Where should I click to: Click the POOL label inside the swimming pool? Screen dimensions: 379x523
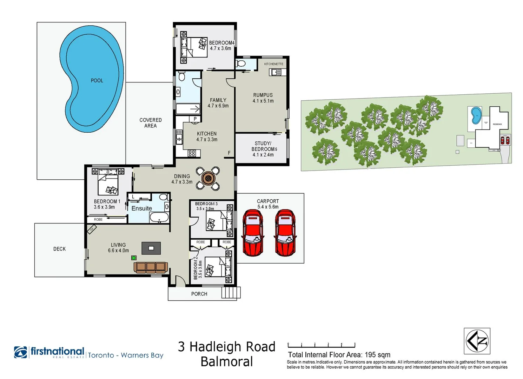click(x=97, y=80)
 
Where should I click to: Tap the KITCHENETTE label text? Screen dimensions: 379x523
click(x=273, y=64)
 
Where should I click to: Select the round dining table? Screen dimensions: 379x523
click(x=208, y=178)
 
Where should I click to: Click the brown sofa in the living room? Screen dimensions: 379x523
click(x=151, y=267)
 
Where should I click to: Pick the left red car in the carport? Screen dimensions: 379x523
click(x=252, y=233)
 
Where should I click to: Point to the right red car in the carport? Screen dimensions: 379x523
click(x=285, y=233)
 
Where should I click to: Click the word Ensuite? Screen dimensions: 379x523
click(x=141, y=208)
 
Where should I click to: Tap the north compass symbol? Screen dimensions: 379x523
click(x=477, y=341)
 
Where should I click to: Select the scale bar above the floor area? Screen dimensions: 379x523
click(x=321, y=345)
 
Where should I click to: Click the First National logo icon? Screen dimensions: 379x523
click(x=21, y=352)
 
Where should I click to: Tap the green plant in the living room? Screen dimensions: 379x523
click(x=134, y=258)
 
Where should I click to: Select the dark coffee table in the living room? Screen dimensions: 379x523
click(x=151, y=248)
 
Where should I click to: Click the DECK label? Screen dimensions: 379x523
click(x=59, y=249)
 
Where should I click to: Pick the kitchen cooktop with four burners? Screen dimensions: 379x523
click(x=192, y=153)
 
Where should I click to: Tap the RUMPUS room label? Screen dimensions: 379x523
click(x=263, y=95)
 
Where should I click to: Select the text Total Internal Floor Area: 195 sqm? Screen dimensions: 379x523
click(x=339, y=355)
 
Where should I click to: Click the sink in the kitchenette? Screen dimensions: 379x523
click(x=275, y=72)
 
